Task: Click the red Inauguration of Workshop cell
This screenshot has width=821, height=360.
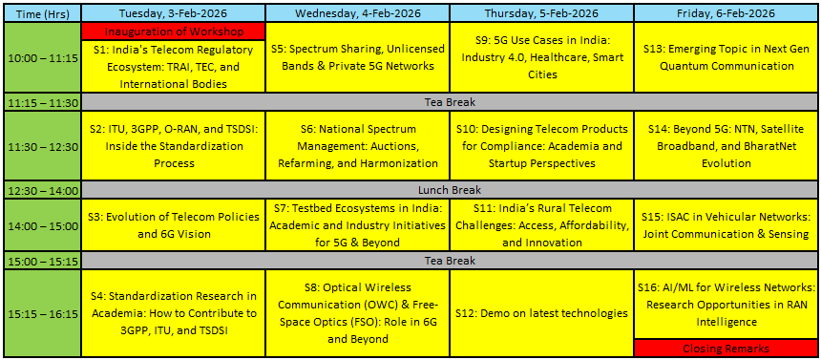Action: pyautogui.click(x=174, y=32)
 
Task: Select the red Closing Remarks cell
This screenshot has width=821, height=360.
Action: pyautogui.click(x=726, y=348)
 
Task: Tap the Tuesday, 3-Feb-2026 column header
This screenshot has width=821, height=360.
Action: pyautogui.click(x=174, y=13)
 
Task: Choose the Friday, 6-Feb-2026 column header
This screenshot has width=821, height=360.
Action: pyautogui.click(x=726, y=13)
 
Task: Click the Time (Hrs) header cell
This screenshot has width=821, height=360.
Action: pyautogui.click(x=42, y=13)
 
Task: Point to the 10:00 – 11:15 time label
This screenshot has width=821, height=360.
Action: pyautogui.click(x=42, y=57)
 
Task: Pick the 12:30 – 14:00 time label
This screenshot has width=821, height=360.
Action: pyautogui.click(x=42, y=190)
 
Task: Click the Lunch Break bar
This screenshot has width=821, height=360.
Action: pyautogui.click(x=450, y=190)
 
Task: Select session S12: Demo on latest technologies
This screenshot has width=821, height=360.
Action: pyautogui.click(x=541, y=313)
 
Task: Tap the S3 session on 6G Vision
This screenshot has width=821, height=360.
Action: pyautogui.click(x=174, y=225)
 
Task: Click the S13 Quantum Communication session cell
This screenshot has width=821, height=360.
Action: pyautogui.click(x=726, y=57)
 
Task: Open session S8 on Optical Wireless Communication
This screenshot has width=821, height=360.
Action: pyautogui.click(x=358, y=313)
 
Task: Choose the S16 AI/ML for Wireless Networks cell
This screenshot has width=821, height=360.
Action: pyautogui.click(x=726, y=305)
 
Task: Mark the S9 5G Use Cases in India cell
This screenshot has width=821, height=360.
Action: pyautogui.click(x=541, y=57)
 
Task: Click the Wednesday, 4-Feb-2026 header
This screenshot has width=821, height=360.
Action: pyautogui.click(x=358, y=13)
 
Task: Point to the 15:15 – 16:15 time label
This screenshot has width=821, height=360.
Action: pyautogui.click(x=42, y=313)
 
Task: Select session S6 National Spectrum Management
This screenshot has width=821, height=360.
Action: pyautogui.click(x=358, y=146)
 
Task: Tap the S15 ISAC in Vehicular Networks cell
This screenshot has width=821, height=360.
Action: pyautogui.click(x=726, y=225)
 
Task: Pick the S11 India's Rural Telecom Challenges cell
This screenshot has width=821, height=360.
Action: pyautogui.click(x=541, y=225)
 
